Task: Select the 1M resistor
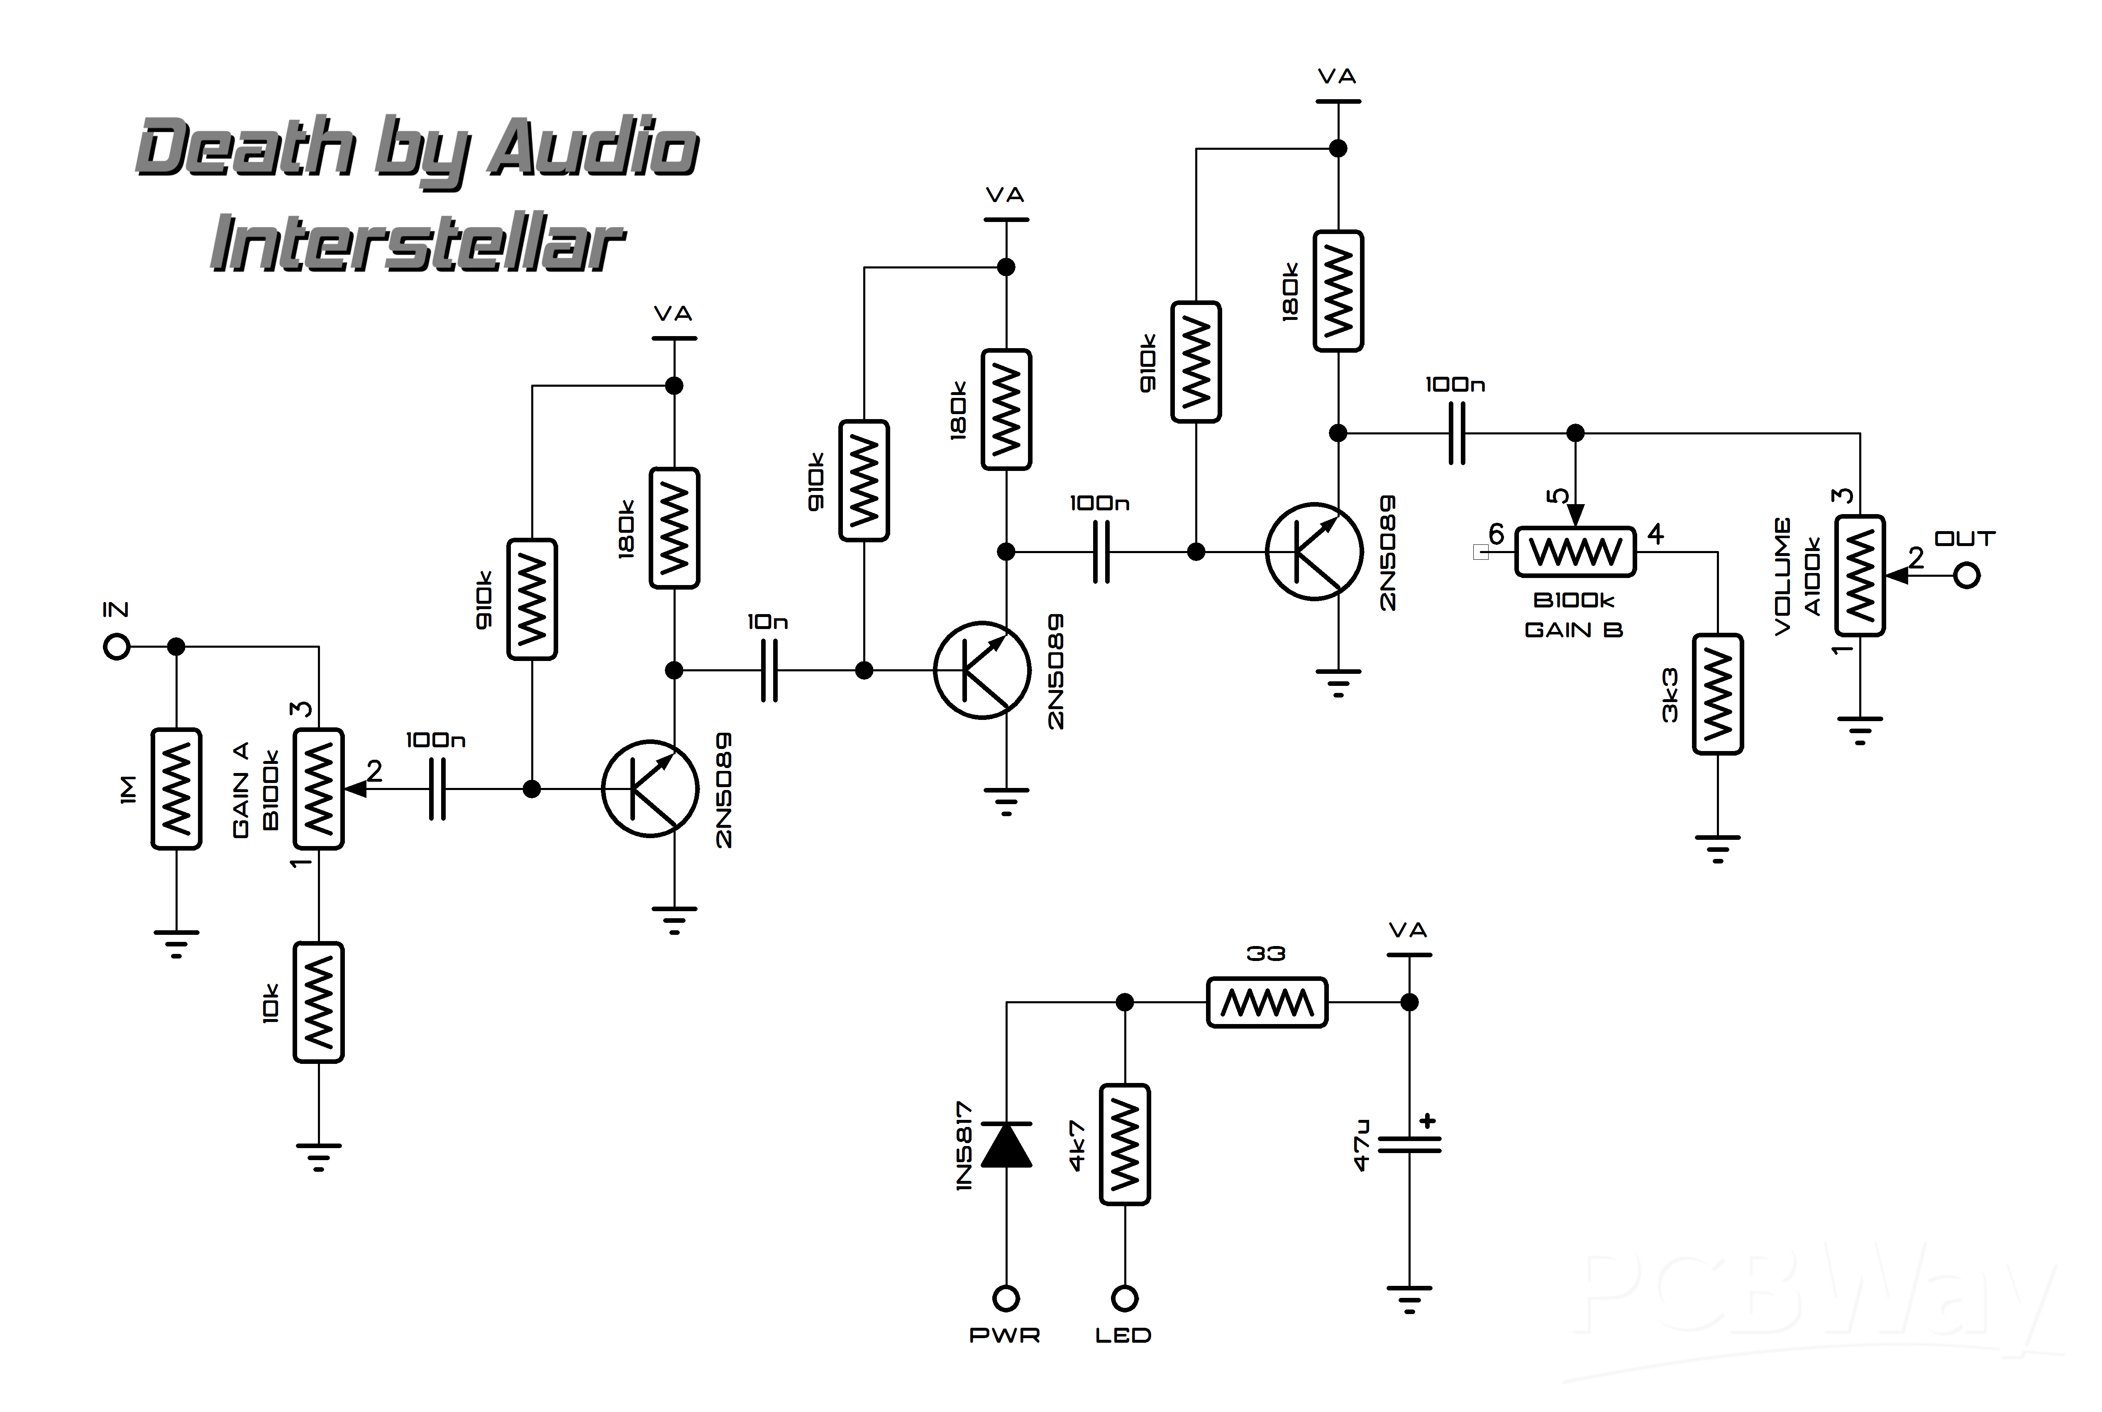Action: pyautogui.click(x=176, y=789)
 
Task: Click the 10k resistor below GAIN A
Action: pyautogui.click(x=319, y=1002)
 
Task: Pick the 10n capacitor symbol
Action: pyautogui.click(x=769, y=670)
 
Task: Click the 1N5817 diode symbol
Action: pyautogui.click(x=1006, y=1144)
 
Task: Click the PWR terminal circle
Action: pyautogui.click(x=1006, y=1299)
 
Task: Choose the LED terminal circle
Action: pyautogui.click(x=1125, y=1299)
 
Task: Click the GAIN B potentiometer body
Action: pyautogui.click(x=1575, y=551)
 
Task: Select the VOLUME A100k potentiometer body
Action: pyautogui.click(x=1860, y=576)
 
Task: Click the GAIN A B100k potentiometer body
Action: pyautogui.click(x=319, y=789)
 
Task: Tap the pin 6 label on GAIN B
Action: pyautogui.click(x=1496, y=534)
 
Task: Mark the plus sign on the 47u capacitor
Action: pyautogui.click(x=1428, y=1121)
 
